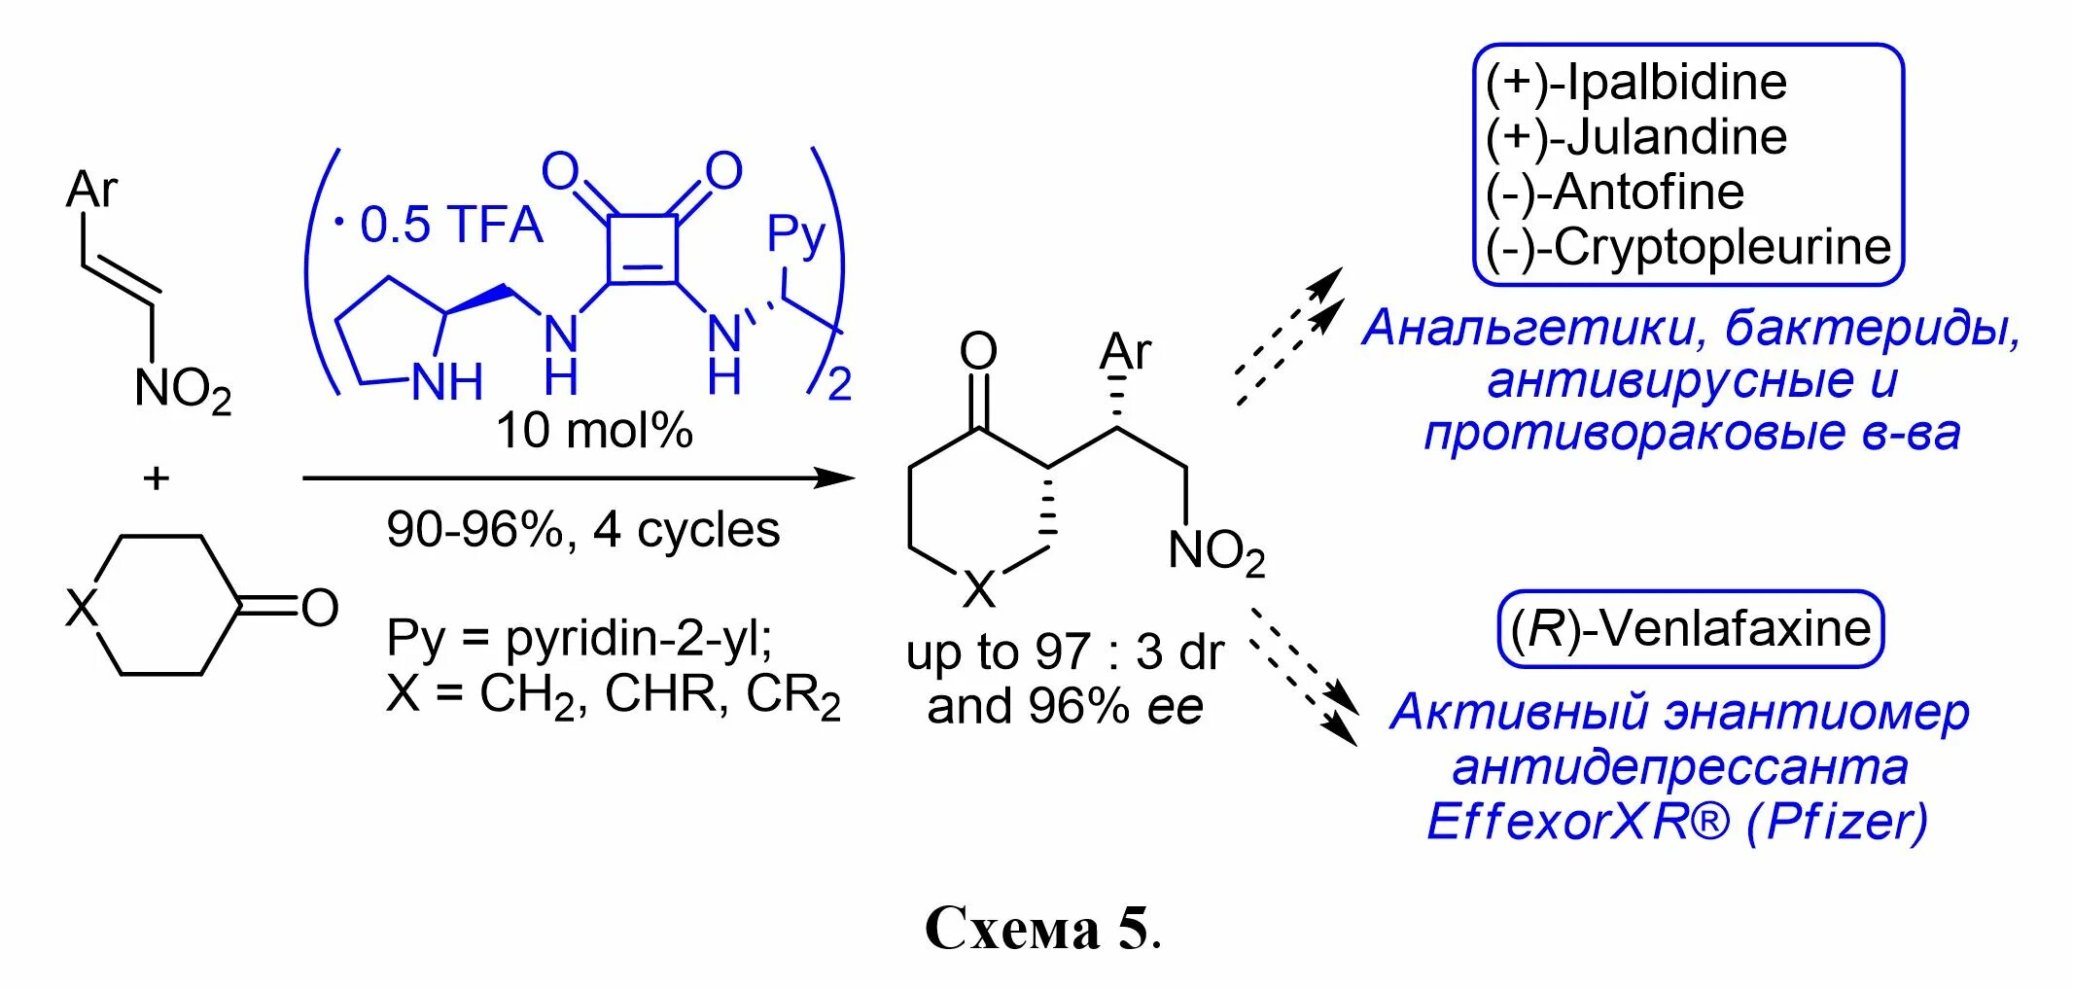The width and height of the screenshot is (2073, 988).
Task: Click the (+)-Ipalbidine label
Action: (1636, 82)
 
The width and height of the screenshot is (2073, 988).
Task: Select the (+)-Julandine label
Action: (1636, 136)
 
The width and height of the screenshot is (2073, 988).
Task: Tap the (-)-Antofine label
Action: (1615, 192)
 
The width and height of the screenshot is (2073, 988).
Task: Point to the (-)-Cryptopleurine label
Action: (1688, 247)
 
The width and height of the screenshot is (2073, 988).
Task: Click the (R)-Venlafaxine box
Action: (1691, 628)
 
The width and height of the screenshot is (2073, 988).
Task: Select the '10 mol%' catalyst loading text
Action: (594, 429)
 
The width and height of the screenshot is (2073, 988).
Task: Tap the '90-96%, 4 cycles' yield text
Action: (582, 530)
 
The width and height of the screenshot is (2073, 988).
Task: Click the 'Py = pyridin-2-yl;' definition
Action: (580, 638)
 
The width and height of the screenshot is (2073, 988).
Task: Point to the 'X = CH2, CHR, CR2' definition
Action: (613, 696)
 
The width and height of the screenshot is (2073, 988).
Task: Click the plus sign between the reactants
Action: (156, 477)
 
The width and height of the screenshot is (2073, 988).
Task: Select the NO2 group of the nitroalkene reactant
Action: (183, 390)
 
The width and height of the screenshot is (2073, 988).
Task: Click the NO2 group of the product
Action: (1215, 552)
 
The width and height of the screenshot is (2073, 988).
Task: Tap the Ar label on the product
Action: (1125, 352)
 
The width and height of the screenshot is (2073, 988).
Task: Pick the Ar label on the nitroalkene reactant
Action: (91, 188)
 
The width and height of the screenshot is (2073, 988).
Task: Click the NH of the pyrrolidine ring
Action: (447, 382)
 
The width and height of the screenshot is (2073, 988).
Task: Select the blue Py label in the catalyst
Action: (795, 234)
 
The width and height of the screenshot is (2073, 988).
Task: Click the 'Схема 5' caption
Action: (1041, 929)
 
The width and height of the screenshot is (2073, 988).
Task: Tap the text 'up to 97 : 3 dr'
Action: (1065, 653)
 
